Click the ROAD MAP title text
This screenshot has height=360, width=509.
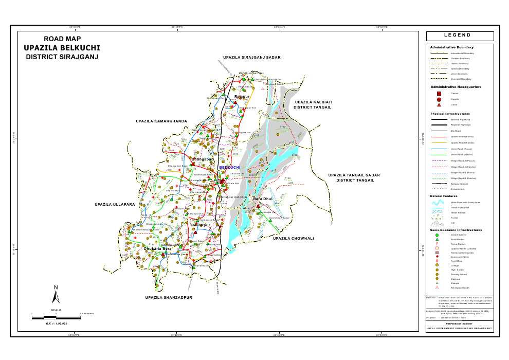[62, 39]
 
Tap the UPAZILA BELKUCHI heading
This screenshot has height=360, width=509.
[62, 48]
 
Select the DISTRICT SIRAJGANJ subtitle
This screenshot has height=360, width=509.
[62, 57]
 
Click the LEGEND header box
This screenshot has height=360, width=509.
[460, 36]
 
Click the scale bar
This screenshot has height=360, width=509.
[56, 318]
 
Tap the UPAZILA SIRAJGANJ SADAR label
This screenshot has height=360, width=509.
[251, 57]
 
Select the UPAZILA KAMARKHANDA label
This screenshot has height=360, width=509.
[161, 121]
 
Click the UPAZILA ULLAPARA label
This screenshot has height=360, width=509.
[115, 205]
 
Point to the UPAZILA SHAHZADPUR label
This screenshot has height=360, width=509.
[168, 298]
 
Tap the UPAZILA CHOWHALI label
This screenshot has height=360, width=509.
[293, 239]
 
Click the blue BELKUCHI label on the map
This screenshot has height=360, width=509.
[230, 168]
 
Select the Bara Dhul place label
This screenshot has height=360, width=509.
[263, 199]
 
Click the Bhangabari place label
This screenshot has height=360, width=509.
[202, 159]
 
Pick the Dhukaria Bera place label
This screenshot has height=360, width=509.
[157, 249]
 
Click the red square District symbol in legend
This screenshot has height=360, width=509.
[439, 94]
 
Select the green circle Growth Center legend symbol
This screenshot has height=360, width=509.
[437, 235]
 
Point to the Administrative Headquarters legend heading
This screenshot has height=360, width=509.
[456, 87]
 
